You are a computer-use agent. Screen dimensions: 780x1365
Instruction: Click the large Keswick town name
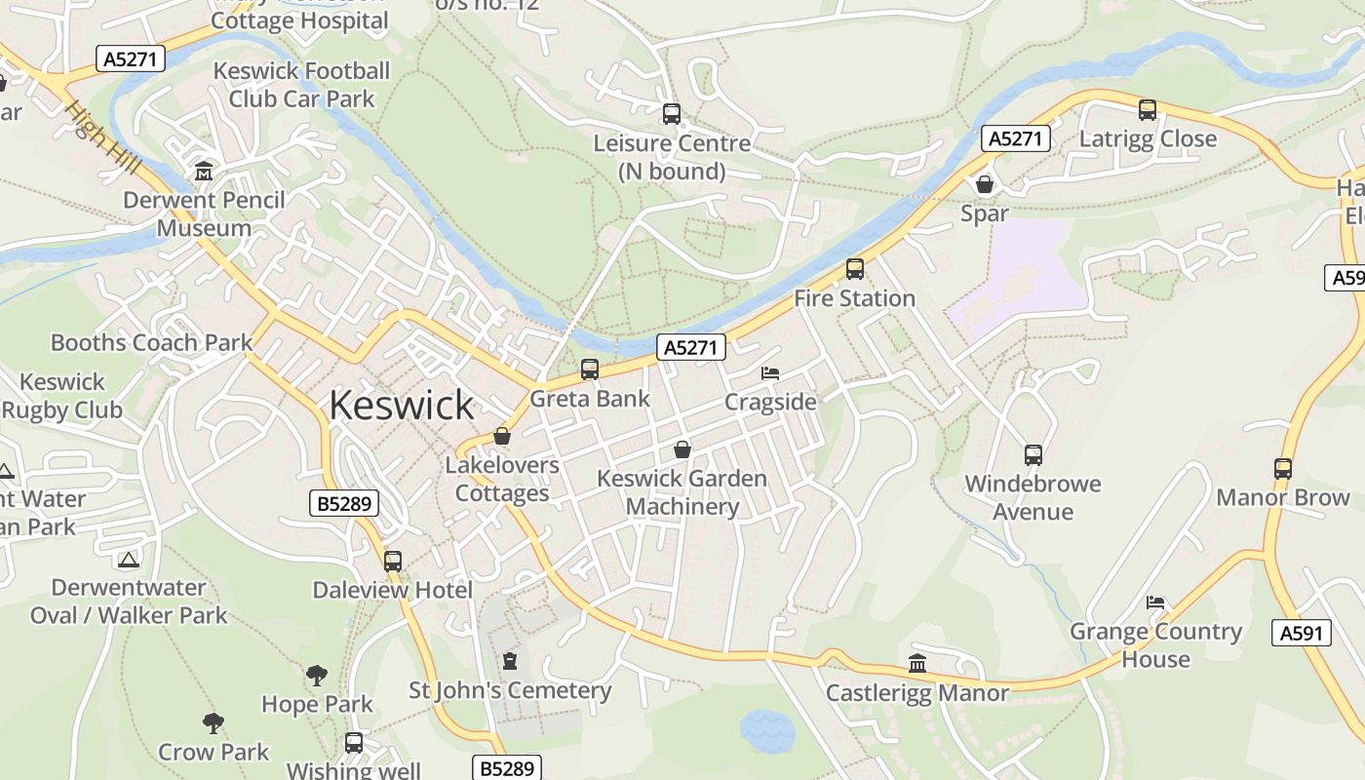(x=401, y=405)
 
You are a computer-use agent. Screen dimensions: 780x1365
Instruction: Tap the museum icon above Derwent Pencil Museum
(x=204, y=172)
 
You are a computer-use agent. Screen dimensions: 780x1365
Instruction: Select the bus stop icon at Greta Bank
(x=590, y=370)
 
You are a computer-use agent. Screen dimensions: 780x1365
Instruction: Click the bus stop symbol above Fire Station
(x=855, y=269)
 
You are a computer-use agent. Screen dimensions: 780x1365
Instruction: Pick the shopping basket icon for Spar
(x=985, y=184)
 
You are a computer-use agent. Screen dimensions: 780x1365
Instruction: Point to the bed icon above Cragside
(x=770, y=373)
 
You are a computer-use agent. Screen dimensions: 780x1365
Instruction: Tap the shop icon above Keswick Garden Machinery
(x=682, y=449)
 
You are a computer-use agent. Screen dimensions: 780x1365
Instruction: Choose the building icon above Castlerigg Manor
(x=917, y=664)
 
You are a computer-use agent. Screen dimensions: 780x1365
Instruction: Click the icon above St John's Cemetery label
(x=509, y=661)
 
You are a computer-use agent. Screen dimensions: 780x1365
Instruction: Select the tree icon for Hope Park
(x=317, y=675)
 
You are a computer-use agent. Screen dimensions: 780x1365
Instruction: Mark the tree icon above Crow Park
(x=214, y=722)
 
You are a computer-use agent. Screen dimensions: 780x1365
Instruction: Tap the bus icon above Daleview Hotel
(x=393, y=562)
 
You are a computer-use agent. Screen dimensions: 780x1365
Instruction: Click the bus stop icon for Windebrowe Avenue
(x=1033, y=454)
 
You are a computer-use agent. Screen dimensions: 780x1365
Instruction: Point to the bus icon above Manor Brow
(x=1283, y=469)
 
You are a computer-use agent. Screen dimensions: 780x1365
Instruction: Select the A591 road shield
(x=1302, y=633)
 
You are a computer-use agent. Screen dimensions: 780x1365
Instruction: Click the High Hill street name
(x=102, y=138)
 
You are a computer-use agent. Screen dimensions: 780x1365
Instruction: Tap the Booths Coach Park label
(x=151, y=342)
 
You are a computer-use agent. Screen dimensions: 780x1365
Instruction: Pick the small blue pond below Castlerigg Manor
(x=767, y=730)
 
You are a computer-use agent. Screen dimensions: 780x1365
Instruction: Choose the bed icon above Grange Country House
(x=1155, y=602)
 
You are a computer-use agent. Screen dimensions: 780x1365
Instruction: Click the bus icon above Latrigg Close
(x=1148, y=110)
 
